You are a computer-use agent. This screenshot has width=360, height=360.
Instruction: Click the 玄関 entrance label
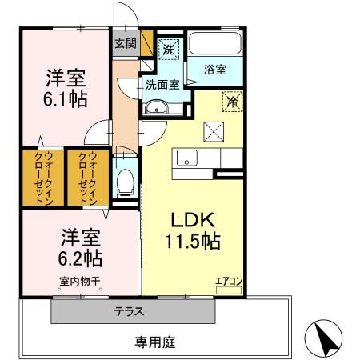tap(125, 44)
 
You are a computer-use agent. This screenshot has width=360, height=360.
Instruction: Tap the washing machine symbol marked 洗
tap(169, 49)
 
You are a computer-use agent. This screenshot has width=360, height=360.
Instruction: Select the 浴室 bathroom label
tap(214, 70)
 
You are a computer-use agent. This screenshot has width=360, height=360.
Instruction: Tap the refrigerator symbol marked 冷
tap(233, 102)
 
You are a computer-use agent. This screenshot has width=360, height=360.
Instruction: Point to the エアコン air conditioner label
tap(228, 280)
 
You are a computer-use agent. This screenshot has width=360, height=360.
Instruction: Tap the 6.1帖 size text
tap(66, 100)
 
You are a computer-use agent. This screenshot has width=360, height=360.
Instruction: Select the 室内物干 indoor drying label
tap(79, 281)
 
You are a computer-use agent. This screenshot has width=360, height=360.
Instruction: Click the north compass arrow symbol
tap(325, 338)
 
